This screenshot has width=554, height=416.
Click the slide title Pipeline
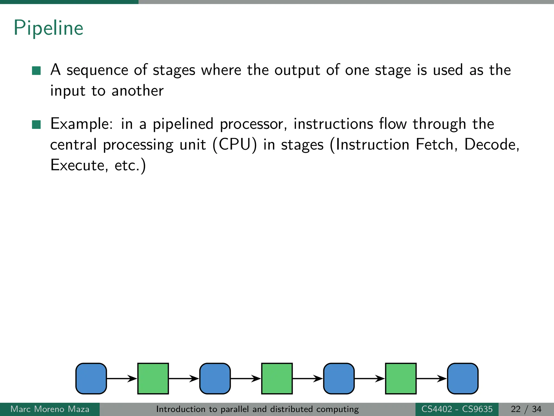(x=48, y=28)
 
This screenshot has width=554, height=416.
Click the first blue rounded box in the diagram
(x=91, y=378)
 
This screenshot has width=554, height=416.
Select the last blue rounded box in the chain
(x=463, y=378)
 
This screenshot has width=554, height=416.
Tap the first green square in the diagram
(x=153, y=378)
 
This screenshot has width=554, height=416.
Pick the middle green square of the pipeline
(x=277, y=378)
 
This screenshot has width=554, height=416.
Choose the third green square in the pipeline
(x=401, y=378)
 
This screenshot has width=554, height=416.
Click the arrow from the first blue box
(x=122, y=378)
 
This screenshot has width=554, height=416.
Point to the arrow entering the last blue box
(x=431, y=378)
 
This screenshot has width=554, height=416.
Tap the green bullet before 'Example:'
(x=36, y=125)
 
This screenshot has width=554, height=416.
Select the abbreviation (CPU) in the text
(x=235, y=145)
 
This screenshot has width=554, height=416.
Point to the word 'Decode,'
(x=492, y=145)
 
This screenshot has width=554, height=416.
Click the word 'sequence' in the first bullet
(x=97, y=70)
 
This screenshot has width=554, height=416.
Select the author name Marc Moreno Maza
(x=50, y=409)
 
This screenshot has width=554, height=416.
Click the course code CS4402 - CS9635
(x=457, y=409)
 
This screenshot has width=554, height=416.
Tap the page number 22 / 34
(x=526, y=409)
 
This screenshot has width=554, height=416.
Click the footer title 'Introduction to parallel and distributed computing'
(x=258, y=409)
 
